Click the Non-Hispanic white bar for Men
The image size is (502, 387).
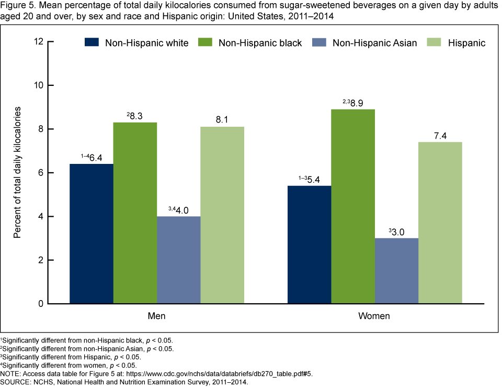coord(92,234)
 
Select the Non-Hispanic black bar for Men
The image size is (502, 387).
coord(135,213)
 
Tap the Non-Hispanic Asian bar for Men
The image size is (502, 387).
coord(178,260)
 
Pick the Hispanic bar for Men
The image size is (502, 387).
coord(222,215)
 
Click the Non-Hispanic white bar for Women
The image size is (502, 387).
coord(310,245)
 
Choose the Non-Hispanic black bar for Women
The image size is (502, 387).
coord(353,206)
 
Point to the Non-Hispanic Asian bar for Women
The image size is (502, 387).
coord(396,271)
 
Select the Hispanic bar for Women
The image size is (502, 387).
coord(440,223)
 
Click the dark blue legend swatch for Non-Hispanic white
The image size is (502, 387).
coord(92,42)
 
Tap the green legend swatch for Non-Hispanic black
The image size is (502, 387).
coord(206,42)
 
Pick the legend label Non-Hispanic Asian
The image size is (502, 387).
coord(374,43)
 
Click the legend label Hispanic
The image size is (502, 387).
coord(466,43)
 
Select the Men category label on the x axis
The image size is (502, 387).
coord(157,317)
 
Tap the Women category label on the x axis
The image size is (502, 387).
coord(375,317)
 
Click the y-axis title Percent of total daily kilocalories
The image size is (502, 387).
coord(18,173)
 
